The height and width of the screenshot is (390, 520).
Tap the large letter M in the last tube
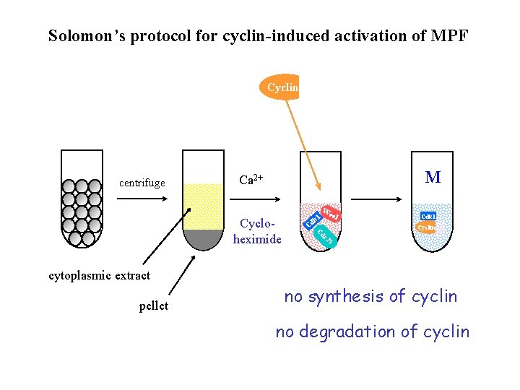pos(433,177)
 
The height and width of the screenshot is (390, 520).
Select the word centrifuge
pos(142,183)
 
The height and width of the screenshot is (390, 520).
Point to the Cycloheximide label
pos(257,232)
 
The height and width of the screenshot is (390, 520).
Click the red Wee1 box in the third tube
pos(331,213)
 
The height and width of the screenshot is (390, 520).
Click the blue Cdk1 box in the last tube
pos(428,216)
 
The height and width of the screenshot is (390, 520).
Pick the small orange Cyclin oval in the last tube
pos(428,227)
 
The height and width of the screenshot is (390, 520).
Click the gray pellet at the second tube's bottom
pos(203,238)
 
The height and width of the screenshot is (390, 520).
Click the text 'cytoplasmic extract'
pos(99,275)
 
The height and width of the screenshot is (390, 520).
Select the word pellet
pos(153,306)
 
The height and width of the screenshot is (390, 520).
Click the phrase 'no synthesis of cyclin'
pos(370,296)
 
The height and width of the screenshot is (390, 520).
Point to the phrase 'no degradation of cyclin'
pos(372,331)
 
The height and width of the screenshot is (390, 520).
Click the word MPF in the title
pos(448,35)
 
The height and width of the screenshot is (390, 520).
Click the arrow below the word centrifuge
pos(143,201)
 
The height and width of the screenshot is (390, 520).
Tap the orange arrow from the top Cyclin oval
pos(308,144)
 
